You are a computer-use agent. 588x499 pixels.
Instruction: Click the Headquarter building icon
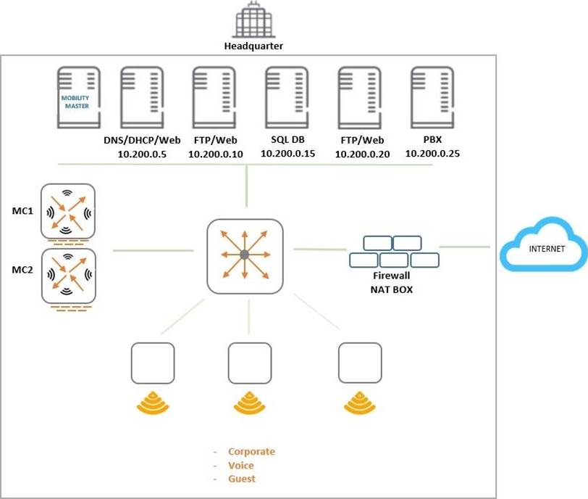point(253,21)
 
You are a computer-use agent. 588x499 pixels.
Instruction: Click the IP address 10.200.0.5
point(141,154)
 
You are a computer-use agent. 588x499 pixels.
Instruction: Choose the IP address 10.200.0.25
point(432,154)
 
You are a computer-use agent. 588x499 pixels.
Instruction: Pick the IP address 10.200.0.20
point(363,154)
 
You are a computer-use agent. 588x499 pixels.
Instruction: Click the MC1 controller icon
point(68,210)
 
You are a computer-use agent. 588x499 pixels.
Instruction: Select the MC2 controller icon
point(68,276)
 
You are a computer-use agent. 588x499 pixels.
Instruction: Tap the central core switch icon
point(245,256)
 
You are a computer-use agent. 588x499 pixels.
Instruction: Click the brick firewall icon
point(394,251)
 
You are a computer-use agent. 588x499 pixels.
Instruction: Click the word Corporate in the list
point(251,452)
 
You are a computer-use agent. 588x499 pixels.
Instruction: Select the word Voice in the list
point(241,466)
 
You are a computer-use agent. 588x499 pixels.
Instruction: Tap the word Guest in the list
point(242,479)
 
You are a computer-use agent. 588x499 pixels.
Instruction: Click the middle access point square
point(250,363)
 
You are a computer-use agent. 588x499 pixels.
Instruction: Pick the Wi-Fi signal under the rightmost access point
point(360,402)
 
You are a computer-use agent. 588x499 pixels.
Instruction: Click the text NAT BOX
point(391,288)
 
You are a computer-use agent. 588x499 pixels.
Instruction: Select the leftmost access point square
point(153,363)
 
